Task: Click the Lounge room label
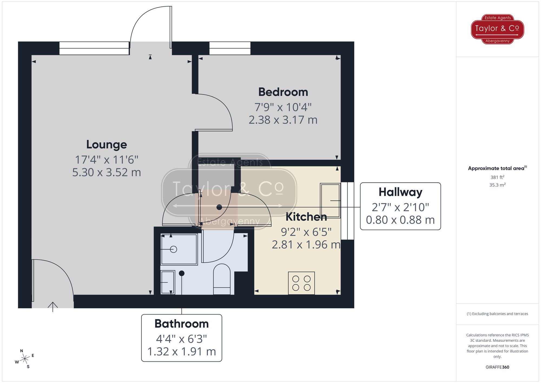pos(107,145)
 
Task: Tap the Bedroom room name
pos(283,92)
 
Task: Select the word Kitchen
pos(306,217)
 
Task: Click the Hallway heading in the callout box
pos(400,192)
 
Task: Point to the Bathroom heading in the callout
pos(182,324)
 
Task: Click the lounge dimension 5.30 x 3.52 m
pos(107,172)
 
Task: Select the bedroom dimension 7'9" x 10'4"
pos(283,107)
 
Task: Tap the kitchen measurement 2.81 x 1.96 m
pos(306,245)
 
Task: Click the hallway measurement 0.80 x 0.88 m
pos(400,220)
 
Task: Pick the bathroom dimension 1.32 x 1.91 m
pos(182,352)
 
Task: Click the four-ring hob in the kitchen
pos(301,283)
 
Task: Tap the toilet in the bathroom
pos(222,279)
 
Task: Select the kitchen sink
pos(330,201)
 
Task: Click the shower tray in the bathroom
pos(179,249)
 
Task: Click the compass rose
pos(25,359)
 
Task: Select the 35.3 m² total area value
pos(497,185)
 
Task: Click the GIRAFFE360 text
pos(497,367)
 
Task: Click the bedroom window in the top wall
pos(230,48)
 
